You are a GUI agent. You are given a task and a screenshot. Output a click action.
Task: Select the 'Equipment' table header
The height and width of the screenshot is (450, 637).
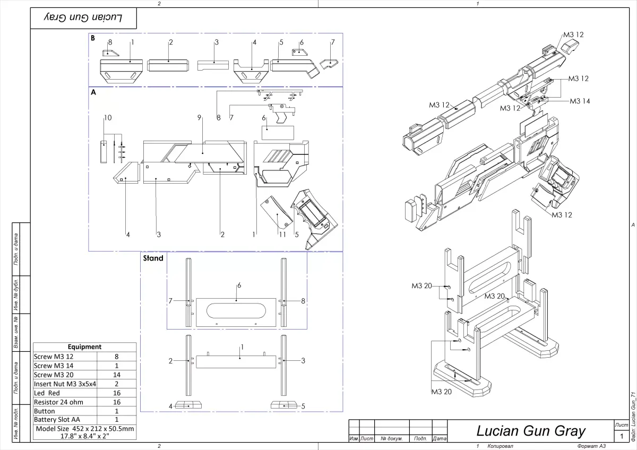pyautogui.click(x=84, y=347)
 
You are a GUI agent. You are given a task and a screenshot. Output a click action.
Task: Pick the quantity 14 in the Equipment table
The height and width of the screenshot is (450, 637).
pyautogui.click(x=117, y=375)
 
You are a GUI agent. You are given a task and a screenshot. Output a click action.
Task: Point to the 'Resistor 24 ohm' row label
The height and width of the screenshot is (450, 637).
pyautogui.click(x=58, y=402)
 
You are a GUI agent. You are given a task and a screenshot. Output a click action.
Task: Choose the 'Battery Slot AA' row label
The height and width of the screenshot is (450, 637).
pyautogui.click(x=57, y=420)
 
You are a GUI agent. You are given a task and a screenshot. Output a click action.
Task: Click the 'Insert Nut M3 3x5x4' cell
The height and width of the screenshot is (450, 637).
pyautogui.click(x=65, y=384)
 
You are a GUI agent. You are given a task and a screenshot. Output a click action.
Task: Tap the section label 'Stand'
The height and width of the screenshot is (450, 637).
pyautogui.click(x=153, y=258)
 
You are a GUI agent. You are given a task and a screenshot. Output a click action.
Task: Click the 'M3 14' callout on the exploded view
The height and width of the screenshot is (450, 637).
pyautogui.click(x=580, y=101)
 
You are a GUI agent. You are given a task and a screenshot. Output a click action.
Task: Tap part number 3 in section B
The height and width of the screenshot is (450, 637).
pyautogui.click(x=217, y=42)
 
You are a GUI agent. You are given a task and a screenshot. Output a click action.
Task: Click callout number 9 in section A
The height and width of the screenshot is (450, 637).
pyautogui.click(x=200, y=117)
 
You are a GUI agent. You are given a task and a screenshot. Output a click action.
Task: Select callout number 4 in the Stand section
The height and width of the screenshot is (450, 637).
pyautogui.click(x=170, y=406)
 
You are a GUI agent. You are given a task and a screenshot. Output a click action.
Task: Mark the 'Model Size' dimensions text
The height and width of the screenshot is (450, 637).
pyautogui.click(x=84, y=432)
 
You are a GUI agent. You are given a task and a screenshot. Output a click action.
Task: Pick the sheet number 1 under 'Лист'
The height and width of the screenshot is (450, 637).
pyautogui.click(x=621, y=436)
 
